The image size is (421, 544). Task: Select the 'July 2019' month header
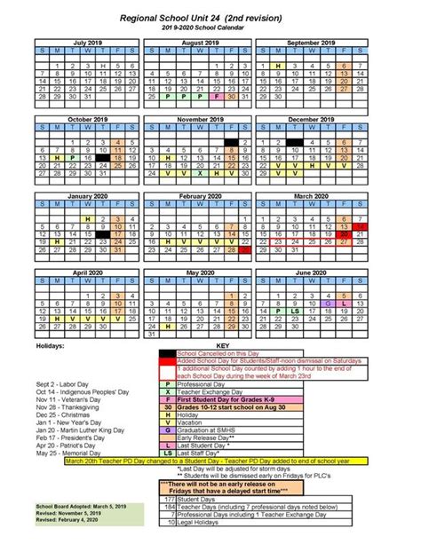[86, 43]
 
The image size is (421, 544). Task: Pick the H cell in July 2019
[103, 67]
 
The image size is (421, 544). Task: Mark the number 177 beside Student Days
[169, 501]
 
